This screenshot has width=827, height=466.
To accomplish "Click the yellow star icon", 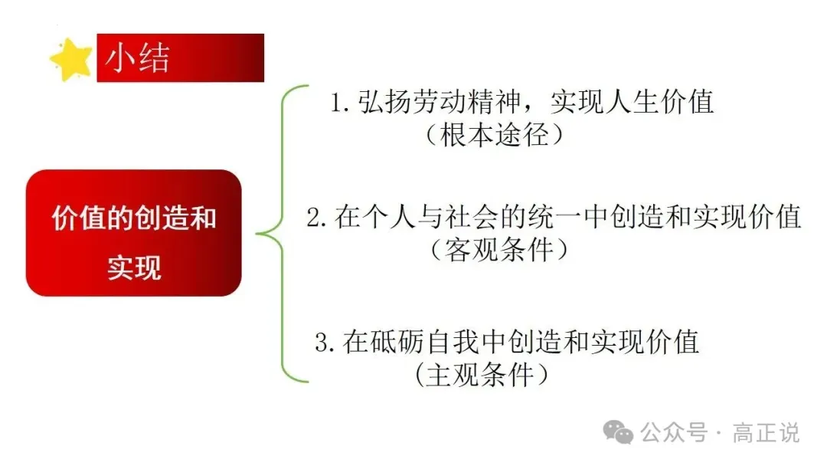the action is [x=70, y=60].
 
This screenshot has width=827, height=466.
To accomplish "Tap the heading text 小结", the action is [x=137, y=57].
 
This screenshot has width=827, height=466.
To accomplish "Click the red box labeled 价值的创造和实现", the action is [x=133, y=233].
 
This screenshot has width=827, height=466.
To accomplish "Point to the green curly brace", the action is [x=282, y=233].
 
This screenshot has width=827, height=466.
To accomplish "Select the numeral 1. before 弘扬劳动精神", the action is [x=340, y=103].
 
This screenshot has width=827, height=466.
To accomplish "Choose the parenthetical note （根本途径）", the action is [x=494, y=135].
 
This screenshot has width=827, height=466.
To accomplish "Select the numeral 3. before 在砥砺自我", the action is [x=325, y=343].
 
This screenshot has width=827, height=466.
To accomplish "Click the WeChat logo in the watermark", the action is [x=618, y=432].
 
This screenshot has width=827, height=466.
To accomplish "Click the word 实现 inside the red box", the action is [x=134, y=267].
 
